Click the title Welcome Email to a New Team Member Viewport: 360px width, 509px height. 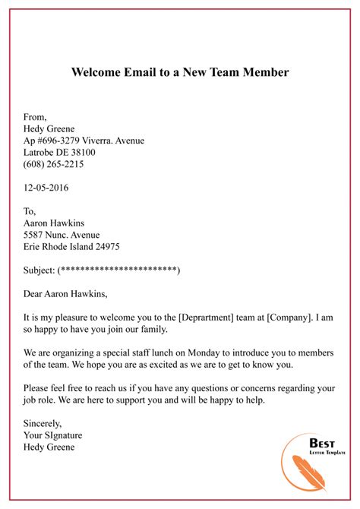[x=180, y=74]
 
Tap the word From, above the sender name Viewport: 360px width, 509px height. [x=35, y=117]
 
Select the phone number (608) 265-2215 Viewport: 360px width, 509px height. [x=54, y=163]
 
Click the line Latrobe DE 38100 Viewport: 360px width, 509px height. [x=60, y=152]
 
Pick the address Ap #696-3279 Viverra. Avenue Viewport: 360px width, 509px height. [x=84, y=141]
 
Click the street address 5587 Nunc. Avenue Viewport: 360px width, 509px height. [x=62, y=235]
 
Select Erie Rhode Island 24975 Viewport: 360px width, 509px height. [x=71, y=247]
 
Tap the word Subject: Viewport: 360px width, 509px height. [x=39, y=270]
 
